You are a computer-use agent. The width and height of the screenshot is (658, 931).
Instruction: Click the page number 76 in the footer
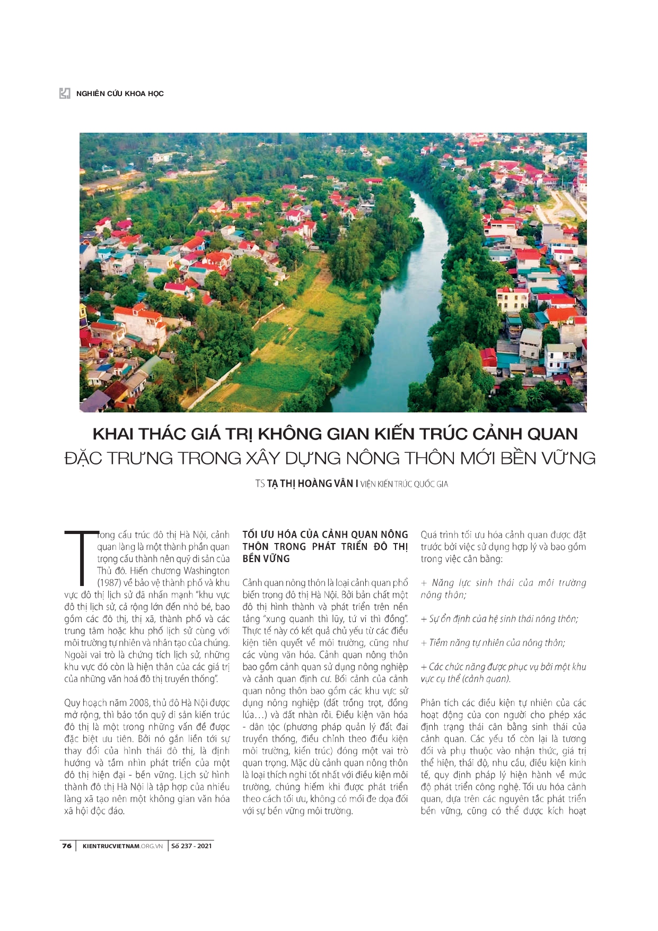[x=67, y=846]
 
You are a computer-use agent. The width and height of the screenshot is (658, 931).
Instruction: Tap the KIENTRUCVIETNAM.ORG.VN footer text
[x=122, y=846]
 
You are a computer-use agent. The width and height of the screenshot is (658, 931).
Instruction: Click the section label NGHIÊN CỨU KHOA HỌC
[x=120, y=94]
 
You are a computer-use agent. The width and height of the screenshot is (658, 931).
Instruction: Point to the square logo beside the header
[x=65, y=94]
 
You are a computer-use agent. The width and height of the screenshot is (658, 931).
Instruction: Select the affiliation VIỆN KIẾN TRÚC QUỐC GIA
[x=404, y=484]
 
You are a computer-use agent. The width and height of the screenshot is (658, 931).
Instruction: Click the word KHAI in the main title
[x=115, y=434]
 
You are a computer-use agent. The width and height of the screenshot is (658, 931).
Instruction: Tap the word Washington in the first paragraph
[x=206, y=571]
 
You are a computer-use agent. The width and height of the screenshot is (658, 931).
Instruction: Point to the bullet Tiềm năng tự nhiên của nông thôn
[x=497, y=643]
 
